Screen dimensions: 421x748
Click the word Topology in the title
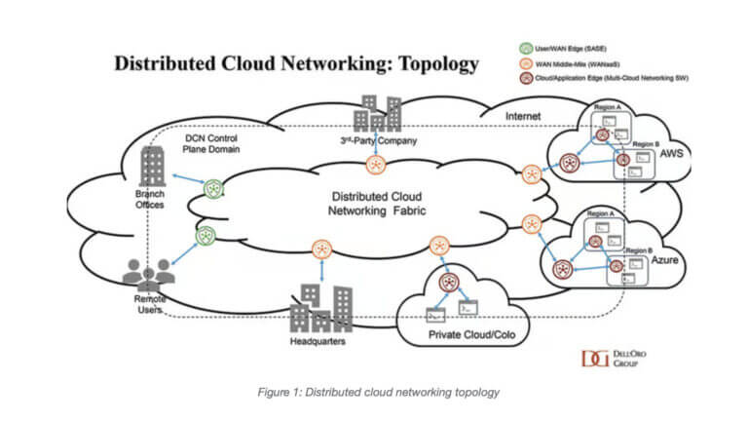430,64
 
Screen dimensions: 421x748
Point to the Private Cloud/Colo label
469,336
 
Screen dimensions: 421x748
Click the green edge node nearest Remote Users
206,234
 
